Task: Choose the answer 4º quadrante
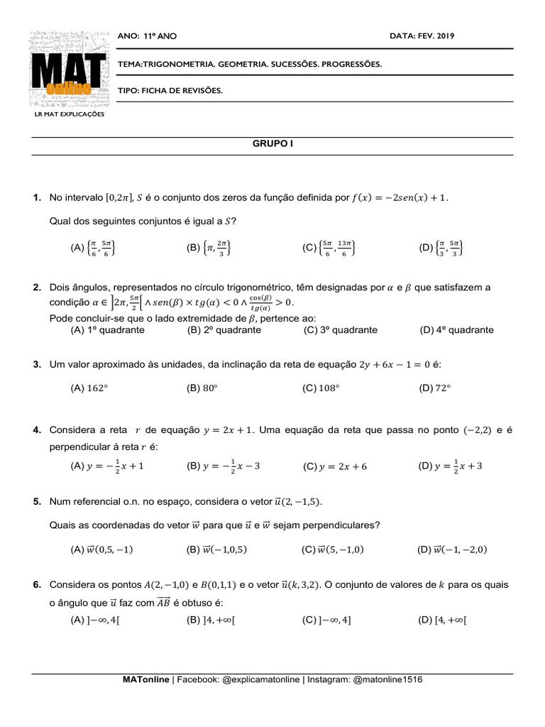pos(456,330)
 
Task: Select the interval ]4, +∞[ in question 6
pos(211,620)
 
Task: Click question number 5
pos(38,502)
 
